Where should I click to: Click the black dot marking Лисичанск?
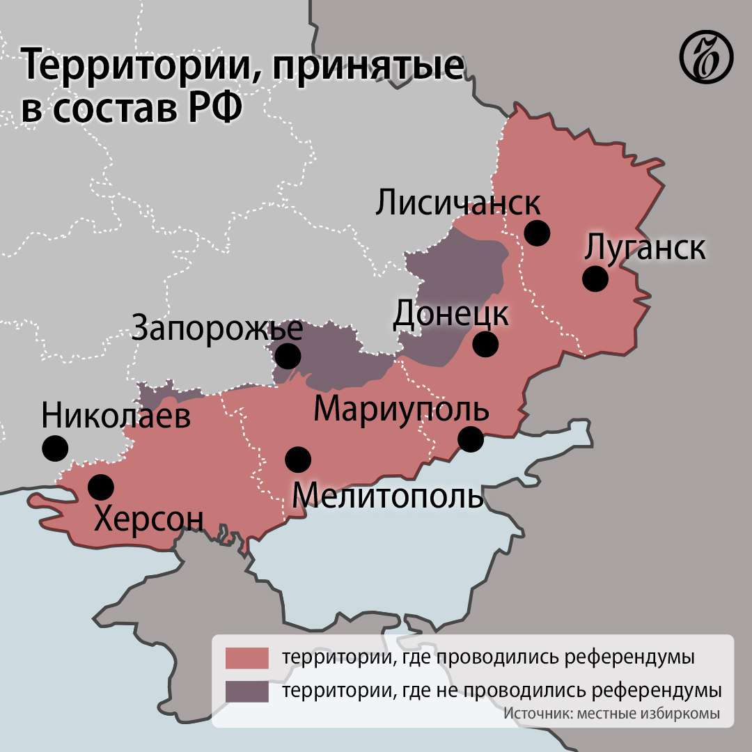pyautogui.click(x=537, y=233)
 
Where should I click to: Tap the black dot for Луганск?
pyautogui.click(x=595, y=279)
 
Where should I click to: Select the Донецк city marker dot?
pyautogui.click(x=485, y=343)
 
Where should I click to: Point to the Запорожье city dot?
pyautogui.click(x=288, y=356)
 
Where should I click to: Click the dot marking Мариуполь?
pyautogui.click(x=471, y=439)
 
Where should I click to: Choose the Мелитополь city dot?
pyautogui.click(x=298, y=458)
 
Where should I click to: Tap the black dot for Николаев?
pyautogui.click(x=55, y=448)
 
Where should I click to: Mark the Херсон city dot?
pyautogui.click(x=101, y=487)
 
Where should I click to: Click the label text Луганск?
pyautogui.click(x=645, y=248)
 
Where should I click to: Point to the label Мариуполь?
pyautogui.click(x=401, y=409)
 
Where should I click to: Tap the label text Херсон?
pyautogui.click(x=148, y=519)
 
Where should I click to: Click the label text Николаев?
pyautogui.click(x=116, y=417)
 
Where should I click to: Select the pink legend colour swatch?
pyautogui.click(x=246, y=657)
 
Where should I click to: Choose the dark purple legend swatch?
pyautogui.click(x=246, y=691)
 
